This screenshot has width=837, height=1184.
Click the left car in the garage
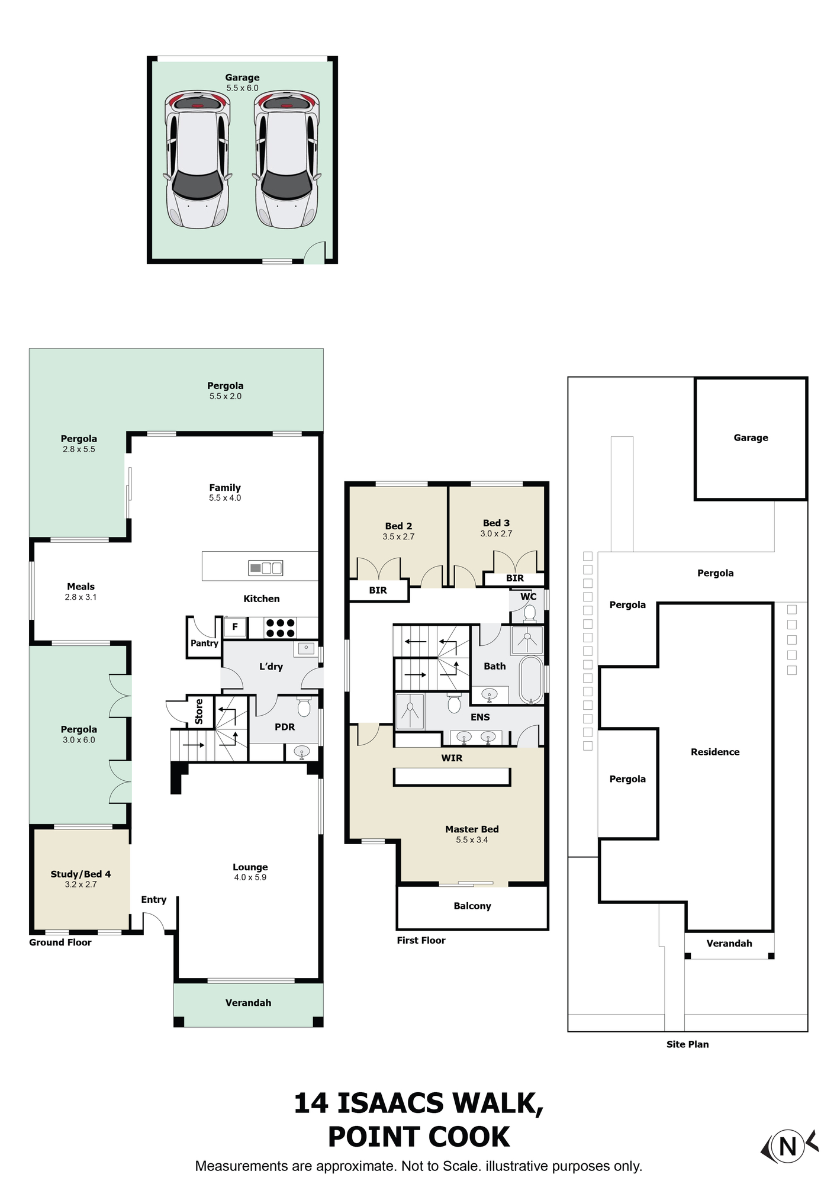[x=197, y=159]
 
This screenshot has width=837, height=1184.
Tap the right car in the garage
[x=287, y=159]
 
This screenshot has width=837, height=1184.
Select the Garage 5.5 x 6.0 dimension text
[x=242, y=88]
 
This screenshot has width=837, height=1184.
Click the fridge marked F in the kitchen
[x=235, y=627]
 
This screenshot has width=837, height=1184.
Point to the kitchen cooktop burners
[x=280, y=628]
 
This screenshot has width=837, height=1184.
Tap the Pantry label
[x=204, y=643]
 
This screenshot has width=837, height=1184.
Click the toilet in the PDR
[x=304, y=707]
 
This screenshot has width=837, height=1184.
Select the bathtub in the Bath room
[x=531, y=680]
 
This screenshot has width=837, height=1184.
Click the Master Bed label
[x=472, y=829]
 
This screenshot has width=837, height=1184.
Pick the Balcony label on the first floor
[x=472, y=906]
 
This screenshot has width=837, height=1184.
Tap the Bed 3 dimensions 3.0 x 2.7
[x=496, y=533]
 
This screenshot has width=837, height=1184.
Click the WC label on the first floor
[x=529, y=597]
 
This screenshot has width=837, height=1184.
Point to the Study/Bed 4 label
[x=81, y=874]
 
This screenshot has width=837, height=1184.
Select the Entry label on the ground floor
[x=153, y=900]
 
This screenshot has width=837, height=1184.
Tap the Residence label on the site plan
[x=715, y=752]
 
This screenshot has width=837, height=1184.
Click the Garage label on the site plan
[x=751, y=437]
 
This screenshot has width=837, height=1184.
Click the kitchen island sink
[x=266, y=568]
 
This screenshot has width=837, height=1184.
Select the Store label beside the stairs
[x=199, y=711]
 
